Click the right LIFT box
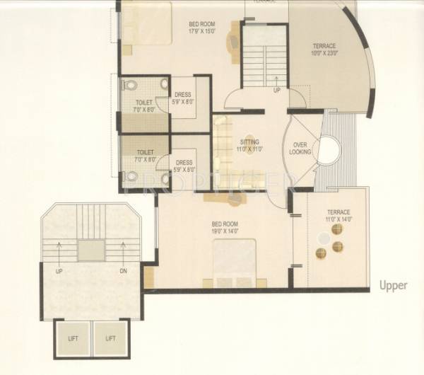(111, 338)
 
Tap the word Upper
(394, 285)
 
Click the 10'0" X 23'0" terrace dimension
(325, 54)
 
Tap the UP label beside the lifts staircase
(60, 270)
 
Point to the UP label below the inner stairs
(276, 91)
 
